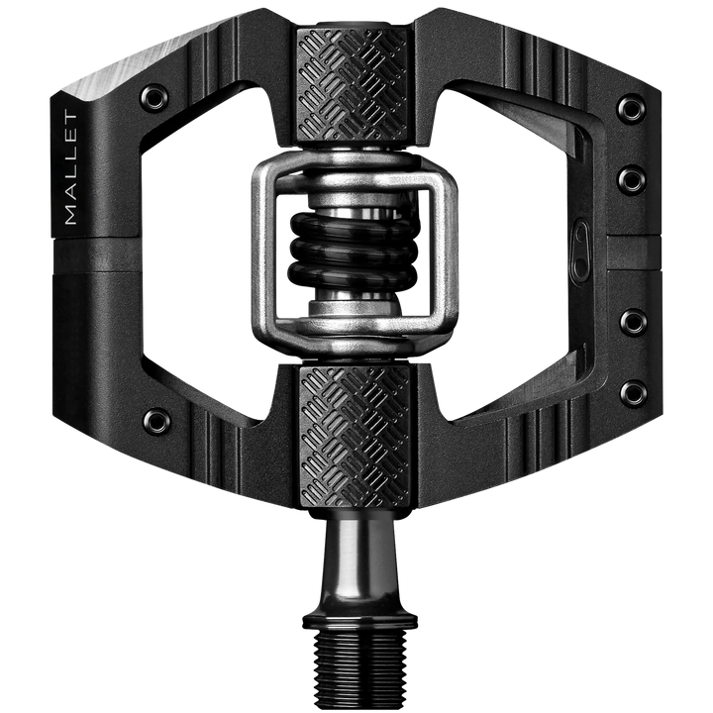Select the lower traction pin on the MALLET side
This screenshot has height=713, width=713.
(x=155, y=420)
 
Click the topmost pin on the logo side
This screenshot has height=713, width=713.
(x=630, y=108)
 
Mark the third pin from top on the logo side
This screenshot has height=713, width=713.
(x=631, y=322)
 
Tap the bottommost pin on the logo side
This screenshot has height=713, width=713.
(x=631, y=393)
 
